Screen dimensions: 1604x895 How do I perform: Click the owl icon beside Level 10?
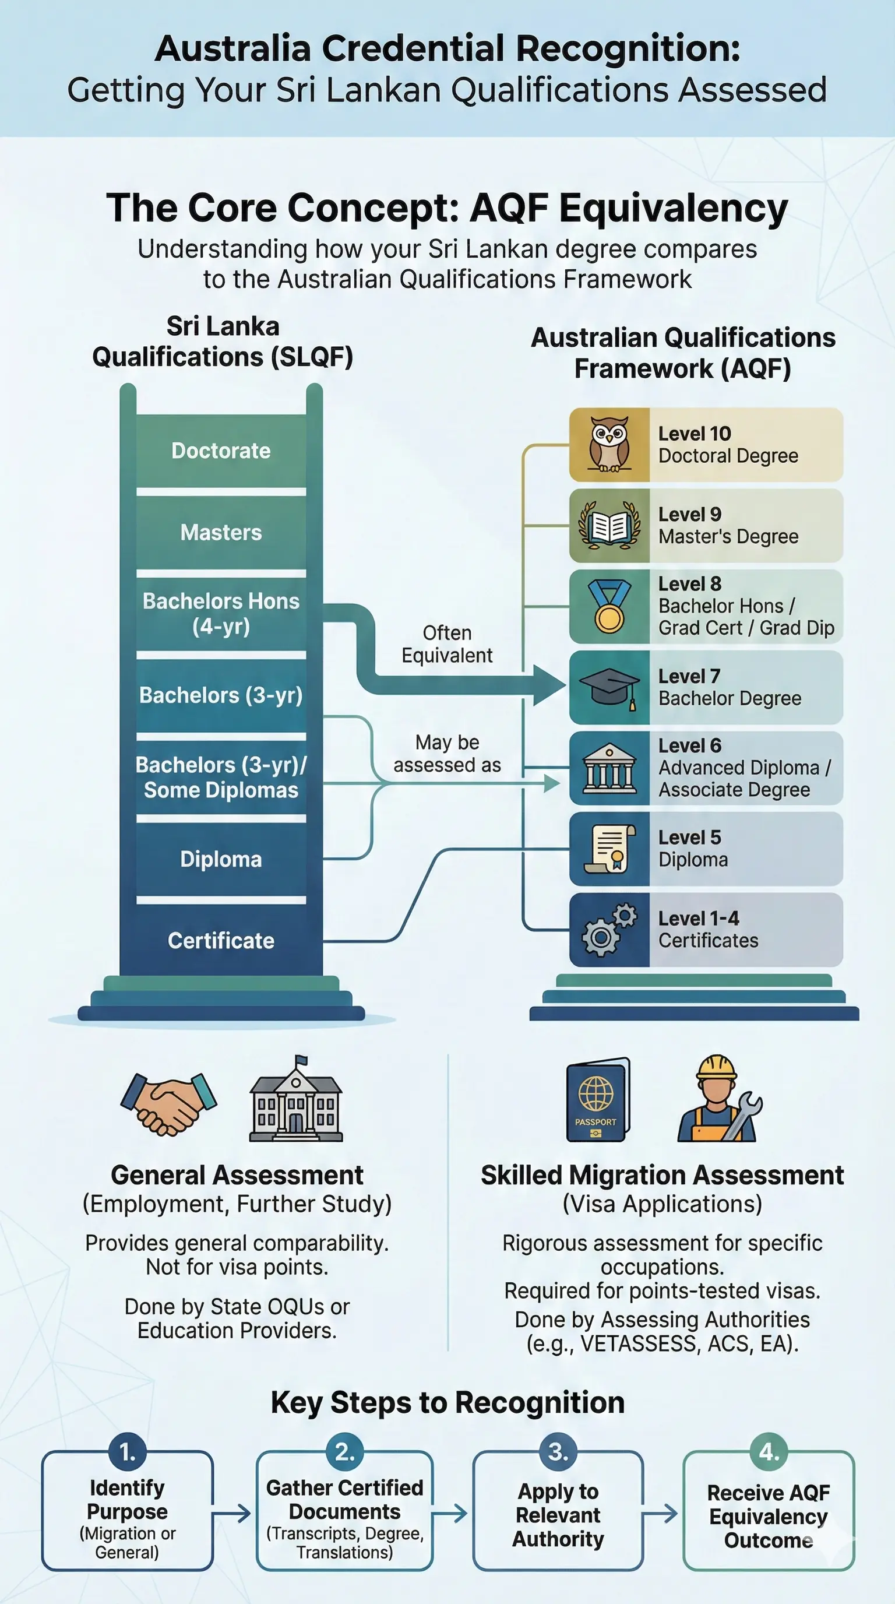click(x=609, y=444)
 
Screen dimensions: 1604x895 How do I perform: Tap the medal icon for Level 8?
click(x=609, y=606)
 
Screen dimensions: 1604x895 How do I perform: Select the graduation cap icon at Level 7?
click(x=609, y=687)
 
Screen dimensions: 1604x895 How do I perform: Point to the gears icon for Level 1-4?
click(x=609, y=930)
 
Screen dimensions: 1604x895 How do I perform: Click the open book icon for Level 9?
click(x=609, y=526)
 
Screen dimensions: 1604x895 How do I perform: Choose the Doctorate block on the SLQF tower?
click(x=221, y=451)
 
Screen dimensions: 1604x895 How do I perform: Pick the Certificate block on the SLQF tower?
click(x=221, y=940)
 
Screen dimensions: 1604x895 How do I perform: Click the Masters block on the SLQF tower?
click(x=221, y=532)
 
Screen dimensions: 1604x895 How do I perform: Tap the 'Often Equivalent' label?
click(x=447, y=644)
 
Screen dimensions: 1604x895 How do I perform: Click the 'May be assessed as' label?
click(x=447, y=754)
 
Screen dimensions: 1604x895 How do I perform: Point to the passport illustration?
click(x=597, y=1100)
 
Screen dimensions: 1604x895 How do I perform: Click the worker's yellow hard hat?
click(x=716, y=1068)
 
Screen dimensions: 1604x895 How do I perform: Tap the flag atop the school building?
click(x=301, y=1060)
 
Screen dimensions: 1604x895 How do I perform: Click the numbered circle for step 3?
click(x=558, y=1452)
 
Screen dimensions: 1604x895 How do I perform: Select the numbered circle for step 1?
click(x=127, y=1452)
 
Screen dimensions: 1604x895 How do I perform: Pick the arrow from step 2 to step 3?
click(x=450, y=1513)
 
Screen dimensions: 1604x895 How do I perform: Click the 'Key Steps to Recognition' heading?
click(x=447, y=1403)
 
